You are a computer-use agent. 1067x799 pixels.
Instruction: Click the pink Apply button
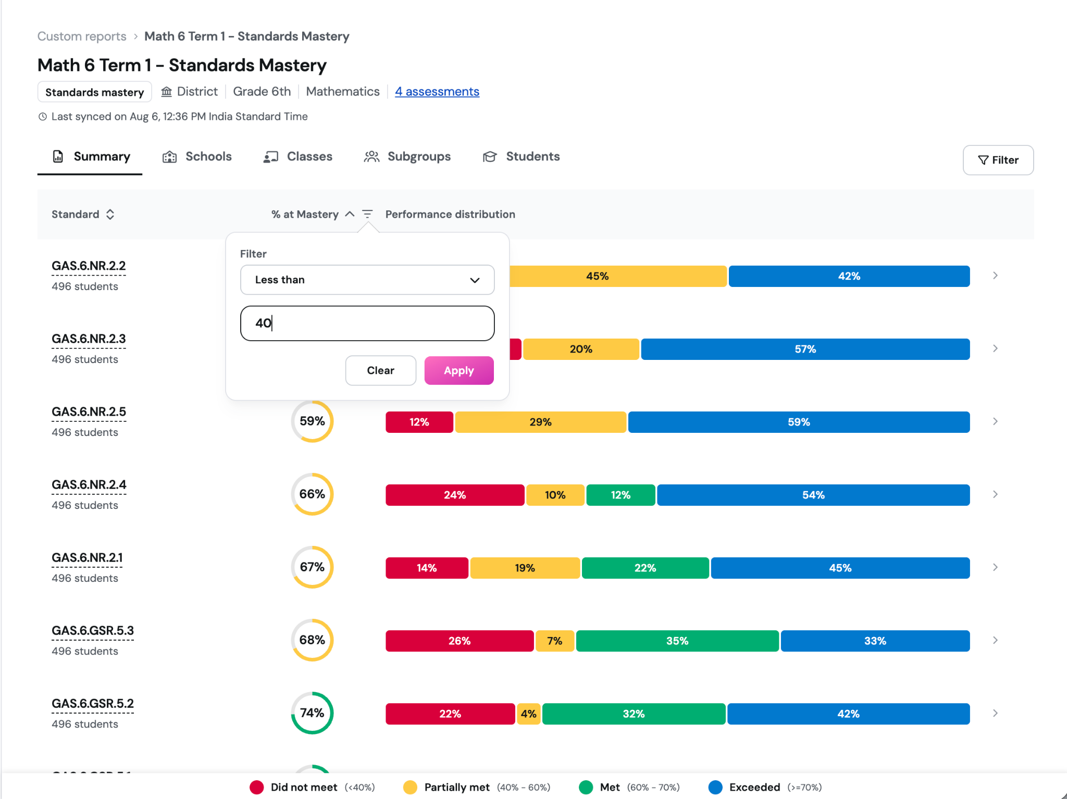[x=459, y=370]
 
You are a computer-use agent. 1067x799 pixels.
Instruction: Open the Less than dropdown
[x=367, y=280]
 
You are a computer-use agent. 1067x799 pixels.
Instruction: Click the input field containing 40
[x=367, y=323]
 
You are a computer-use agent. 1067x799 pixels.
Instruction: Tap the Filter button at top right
[x=998, y=160]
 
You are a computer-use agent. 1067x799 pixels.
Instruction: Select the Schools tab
[x=197, y=157]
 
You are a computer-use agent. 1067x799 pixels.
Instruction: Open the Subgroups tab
[x=407, y=157]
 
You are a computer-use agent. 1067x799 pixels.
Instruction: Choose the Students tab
[x=522, y=157]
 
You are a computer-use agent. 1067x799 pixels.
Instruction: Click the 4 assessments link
[x=437, y=92]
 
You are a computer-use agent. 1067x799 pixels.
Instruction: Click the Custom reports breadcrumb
[x=82, y=36]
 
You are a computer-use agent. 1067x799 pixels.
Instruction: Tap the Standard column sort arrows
[x=110, y=215]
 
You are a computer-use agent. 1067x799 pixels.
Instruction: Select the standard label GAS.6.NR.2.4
[x=89, y=485]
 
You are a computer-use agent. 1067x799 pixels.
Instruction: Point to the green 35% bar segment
[x=677, y=641]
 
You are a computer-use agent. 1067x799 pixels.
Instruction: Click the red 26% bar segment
[x=460, y=641]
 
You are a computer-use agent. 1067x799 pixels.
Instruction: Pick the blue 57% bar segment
[x=805, y=349]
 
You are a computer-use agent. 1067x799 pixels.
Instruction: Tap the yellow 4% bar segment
[x=528, y=714]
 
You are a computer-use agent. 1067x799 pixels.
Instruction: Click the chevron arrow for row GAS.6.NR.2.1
[x=995, y=567]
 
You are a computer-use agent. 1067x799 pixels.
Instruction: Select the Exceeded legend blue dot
[x=716, y=787]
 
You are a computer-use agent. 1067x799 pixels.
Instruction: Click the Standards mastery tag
[x=95, y=92]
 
